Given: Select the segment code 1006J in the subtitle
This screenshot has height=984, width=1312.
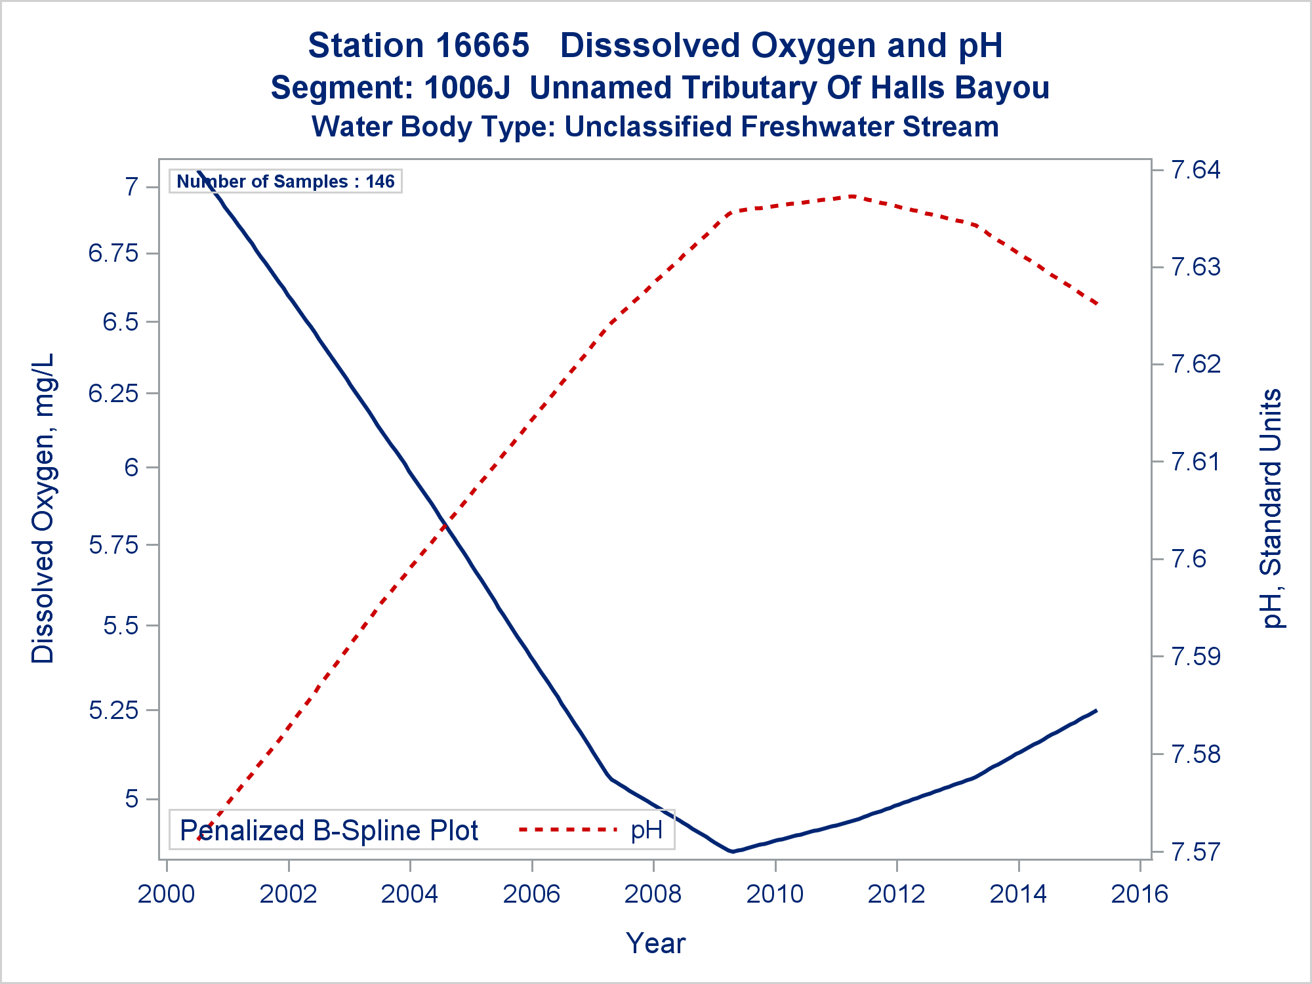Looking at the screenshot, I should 467,88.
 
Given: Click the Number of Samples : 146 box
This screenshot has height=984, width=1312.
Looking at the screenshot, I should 285,181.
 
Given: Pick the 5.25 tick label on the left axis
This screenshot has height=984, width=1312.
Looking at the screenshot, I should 113,710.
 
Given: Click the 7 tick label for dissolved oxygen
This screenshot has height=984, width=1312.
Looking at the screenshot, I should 131,187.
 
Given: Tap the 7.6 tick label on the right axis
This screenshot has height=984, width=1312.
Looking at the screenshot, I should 1189,559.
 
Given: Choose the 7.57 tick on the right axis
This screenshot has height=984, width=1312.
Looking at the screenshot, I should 1195,851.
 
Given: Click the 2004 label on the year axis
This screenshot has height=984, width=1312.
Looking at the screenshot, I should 409,894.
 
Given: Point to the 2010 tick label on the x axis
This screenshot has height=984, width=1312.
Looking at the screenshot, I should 775,894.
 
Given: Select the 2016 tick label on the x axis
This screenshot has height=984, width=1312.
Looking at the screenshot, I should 1139,894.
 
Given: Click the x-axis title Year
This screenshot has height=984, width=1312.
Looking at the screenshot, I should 655,943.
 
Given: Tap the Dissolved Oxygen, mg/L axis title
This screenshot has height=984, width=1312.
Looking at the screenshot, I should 43,508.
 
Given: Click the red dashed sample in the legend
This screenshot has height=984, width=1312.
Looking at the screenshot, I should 567,830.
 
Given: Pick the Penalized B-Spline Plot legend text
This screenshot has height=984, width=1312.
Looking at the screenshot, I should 329,830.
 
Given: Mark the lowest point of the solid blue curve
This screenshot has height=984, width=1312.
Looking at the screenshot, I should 732,851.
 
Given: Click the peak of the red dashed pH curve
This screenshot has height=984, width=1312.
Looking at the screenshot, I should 851,196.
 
